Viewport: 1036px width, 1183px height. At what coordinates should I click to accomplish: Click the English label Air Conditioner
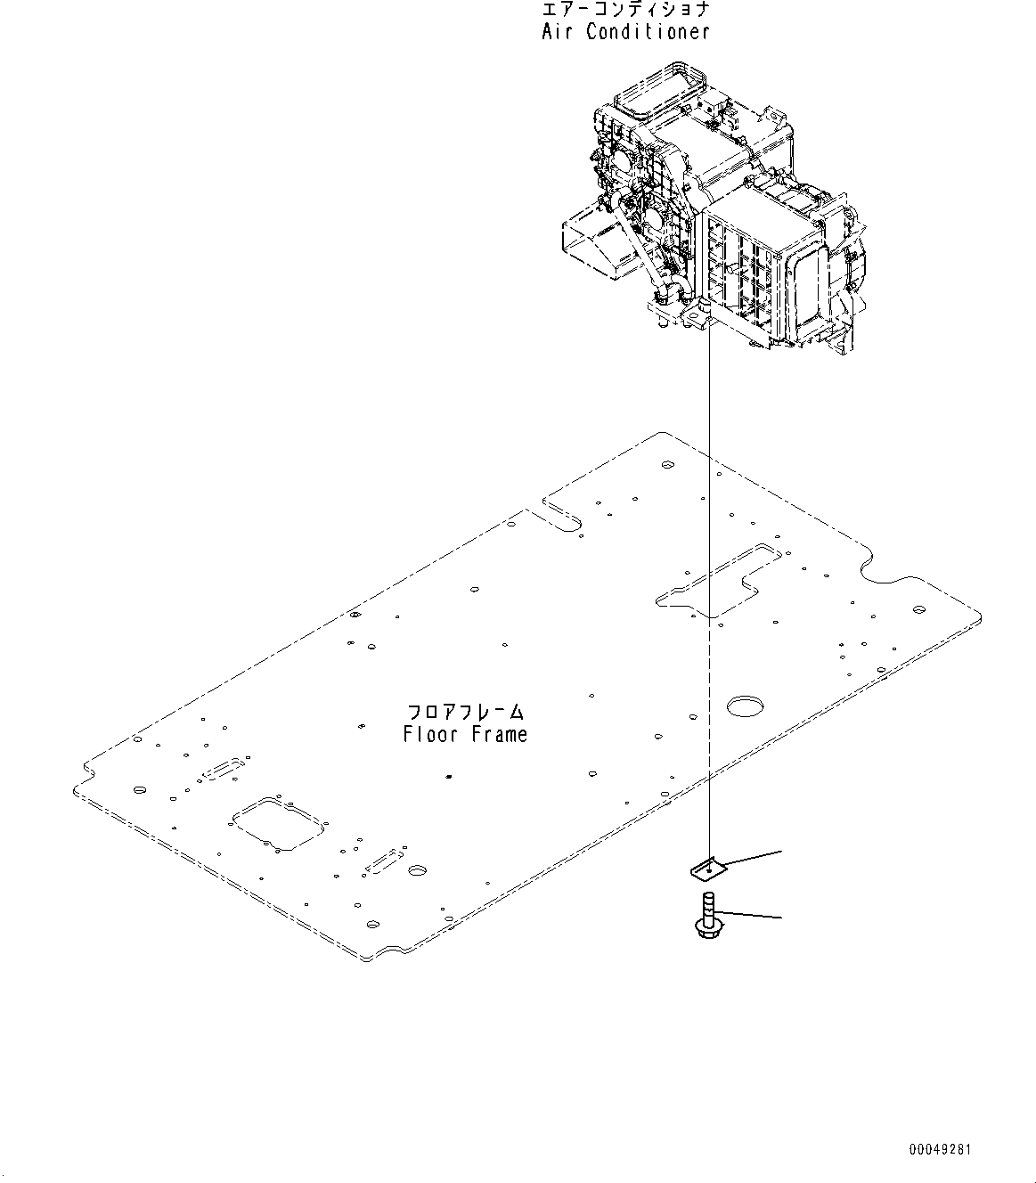pyautogui.click(x=625, y=32)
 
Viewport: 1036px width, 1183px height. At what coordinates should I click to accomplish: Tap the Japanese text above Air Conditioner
pyautogui.click(x=625, y=10)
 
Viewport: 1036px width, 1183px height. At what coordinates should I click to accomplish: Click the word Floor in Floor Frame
pyautogui.click(x=430, y=735)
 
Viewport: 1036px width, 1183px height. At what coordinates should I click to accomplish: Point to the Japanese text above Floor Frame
pyautogui.click(x=465, y=713)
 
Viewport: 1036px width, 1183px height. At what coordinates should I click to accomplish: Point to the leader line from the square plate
pyautogui.click(x=753, y=857)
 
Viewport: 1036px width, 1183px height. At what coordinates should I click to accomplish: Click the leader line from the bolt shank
pyautogui.click(x=748, y=914)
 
